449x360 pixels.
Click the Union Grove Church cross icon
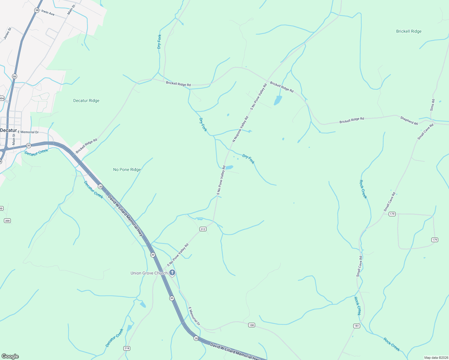tap(172, 273)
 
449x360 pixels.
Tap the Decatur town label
tap(8, 130)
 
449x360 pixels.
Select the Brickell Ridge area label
tap(408, 31)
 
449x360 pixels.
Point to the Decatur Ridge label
tap(86, 100)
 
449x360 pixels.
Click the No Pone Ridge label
tap(127, 169)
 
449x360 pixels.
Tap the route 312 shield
tap(203, 229)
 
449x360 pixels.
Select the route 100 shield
tap(252, 325)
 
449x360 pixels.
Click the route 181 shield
tap(357, 326)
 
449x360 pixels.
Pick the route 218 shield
tap(127, 348)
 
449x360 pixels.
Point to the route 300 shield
tap(7, 221)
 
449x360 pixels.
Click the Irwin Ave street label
tap(48, 13)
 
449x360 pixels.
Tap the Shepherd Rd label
tap(409, 121)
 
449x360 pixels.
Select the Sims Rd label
tap(432, 105)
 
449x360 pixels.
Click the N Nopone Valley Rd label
tap(241, 129)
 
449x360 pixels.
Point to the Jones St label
tap(8, 33)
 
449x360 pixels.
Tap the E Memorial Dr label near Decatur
tap(28, 132)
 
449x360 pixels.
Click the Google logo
tap(10, 356)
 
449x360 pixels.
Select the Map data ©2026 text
tap(436, 358)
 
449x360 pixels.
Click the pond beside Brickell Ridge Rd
tap(278, 100)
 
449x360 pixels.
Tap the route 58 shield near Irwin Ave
tap(37, 10)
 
